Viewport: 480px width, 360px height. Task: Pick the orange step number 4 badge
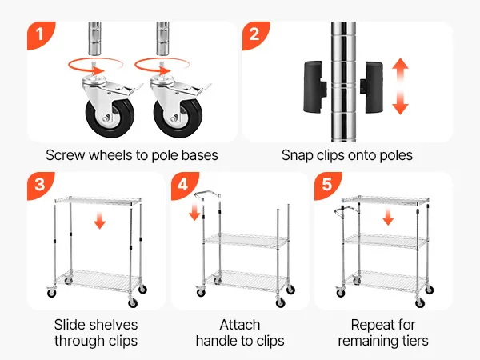coord(183,183)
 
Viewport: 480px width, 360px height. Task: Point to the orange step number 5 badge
coord(326,183)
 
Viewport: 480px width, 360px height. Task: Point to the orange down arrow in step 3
coord(99,219)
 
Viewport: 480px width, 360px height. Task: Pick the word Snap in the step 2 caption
coord(298,155)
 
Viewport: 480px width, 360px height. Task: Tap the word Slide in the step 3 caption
coord(72,325)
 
